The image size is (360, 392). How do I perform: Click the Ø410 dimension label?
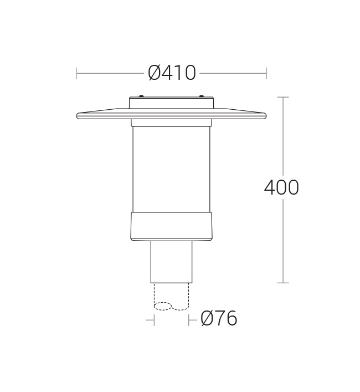point(172,73)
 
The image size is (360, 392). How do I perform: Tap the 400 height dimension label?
point(281,187)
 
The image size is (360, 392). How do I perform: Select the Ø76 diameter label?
point(219,318)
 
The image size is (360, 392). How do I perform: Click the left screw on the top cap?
point(141,96)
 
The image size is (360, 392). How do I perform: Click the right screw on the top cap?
point(201,96)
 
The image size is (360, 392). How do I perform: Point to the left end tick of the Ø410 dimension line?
point(76,73)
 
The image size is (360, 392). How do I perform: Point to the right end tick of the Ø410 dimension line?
point(266,73)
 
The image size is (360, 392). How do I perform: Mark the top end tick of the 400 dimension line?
point(283,97)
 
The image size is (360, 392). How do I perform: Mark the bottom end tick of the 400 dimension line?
point(283,283)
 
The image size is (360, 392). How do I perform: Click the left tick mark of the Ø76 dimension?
point(155,320)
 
